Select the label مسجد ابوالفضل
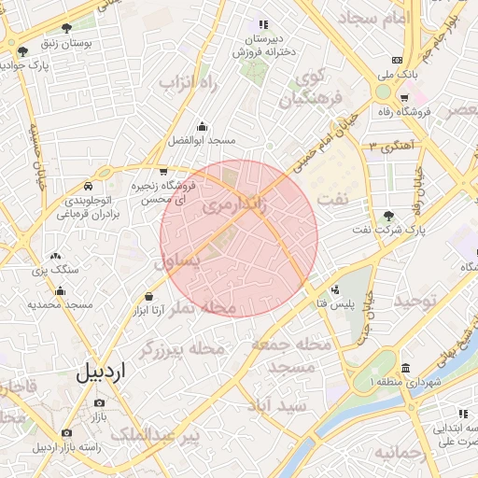tap(202, 140)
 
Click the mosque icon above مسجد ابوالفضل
tap(202, 126)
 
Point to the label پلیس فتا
tap(334, 303)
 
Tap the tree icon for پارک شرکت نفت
tap(389, 216)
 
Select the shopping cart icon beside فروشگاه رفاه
tap(403, 98)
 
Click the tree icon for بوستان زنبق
tap(66, 28)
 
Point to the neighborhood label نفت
tap(334, 199)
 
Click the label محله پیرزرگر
tap(183, 349)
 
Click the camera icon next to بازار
tap(99, 403)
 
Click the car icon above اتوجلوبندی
tap(89, 186)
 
